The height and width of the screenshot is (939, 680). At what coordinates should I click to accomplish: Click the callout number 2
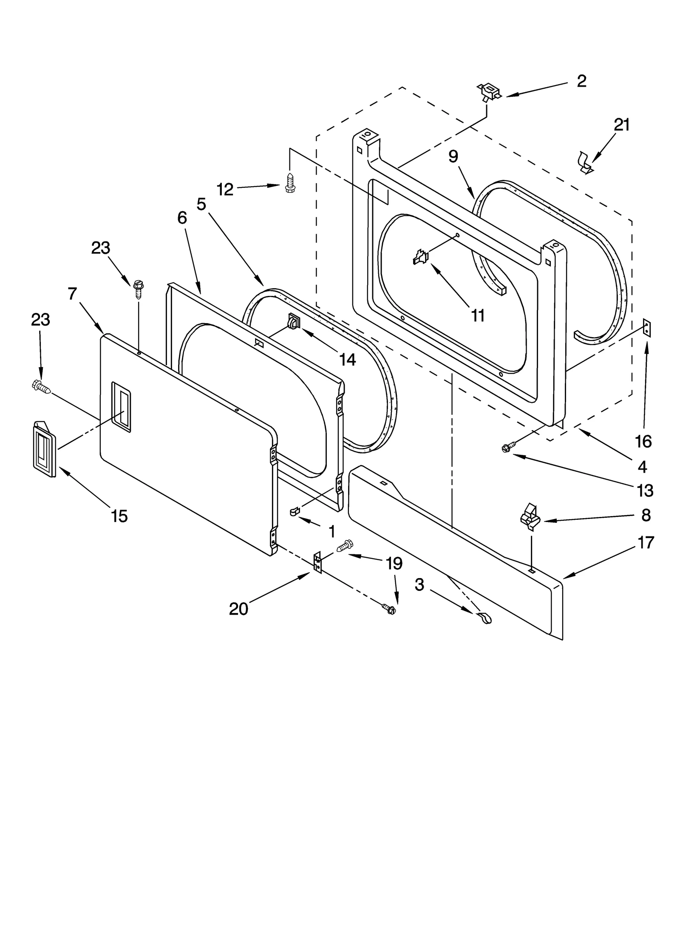click(581, 81)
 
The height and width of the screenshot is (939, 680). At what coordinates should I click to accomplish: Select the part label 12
click(225, 190)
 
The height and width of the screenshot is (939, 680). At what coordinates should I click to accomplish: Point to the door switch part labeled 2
click(489, 92)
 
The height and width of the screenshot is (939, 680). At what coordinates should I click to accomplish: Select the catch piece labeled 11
click(421, 257)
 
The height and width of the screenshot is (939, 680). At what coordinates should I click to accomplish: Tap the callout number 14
click(347, 360)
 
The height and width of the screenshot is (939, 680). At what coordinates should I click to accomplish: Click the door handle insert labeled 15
click(44, 448)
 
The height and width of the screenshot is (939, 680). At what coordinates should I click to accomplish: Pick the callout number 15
click(119, 516)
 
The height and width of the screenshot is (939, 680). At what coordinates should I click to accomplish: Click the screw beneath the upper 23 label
click(138, 289)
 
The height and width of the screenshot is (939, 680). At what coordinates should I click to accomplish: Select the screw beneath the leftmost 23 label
click(41, 386)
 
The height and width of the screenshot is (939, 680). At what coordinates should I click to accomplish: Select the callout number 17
click(646, 543)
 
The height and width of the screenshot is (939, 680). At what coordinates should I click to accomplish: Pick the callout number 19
click(394, 564)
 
